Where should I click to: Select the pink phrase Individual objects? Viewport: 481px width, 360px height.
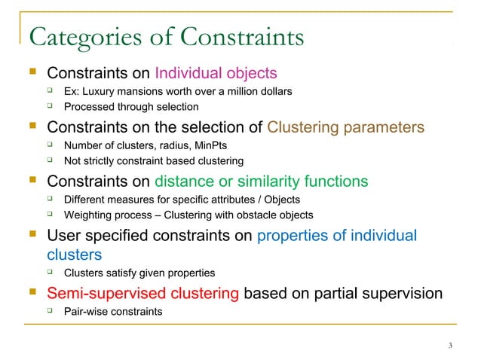(x=216, y=73)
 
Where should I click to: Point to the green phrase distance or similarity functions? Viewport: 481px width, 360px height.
(x=262, y=182)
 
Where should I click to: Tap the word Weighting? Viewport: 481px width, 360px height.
(x=90, y=215)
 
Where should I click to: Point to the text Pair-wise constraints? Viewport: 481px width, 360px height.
(x=112, y=309)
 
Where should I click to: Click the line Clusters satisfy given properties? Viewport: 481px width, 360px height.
(x=139, y=273)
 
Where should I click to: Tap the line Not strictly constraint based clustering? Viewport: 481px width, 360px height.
(x=154, y=160)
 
